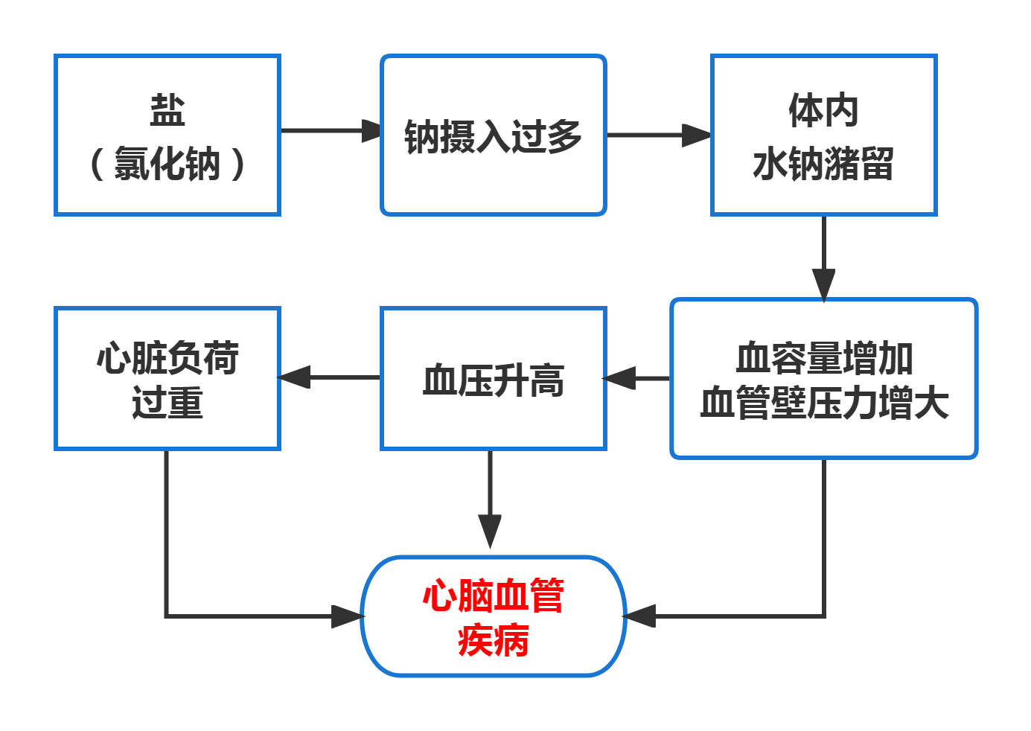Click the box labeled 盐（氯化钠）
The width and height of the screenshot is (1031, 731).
click(167, 135)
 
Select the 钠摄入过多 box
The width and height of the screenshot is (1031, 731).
click(493, 135)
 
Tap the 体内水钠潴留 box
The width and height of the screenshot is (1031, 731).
click(823, 135)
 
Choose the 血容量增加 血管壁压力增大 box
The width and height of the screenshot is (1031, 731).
click(823, 379)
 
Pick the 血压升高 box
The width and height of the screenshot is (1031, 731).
click(493, 379)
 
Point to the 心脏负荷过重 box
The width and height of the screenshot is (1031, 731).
click(167, 379)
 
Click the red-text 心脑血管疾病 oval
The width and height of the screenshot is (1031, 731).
click(493, 616)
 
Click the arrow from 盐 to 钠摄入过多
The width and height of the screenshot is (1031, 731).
click(328, 130)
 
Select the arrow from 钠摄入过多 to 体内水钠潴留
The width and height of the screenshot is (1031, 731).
click(655, 135)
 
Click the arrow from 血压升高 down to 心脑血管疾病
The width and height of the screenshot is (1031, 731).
click(490, 499)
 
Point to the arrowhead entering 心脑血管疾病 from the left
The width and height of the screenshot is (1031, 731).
click(346, 616)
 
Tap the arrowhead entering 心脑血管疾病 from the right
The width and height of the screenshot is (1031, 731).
click(640, 616)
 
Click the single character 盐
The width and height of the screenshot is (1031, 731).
click(167, 110)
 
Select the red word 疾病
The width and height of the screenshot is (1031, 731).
click(493, 640)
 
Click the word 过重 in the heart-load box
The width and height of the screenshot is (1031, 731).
click(167, 403)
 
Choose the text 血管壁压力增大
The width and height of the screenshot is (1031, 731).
click(823, 403)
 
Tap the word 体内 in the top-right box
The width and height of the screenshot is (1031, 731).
click(823, 110)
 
